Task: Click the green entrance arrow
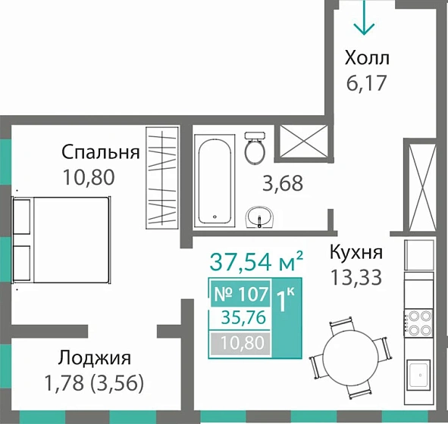365,18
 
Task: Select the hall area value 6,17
366,82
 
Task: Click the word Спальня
101,152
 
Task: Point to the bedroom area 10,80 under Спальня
89,178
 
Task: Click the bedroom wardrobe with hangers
163,179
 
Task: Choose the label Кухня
356,253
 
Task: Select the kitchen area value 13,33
356,277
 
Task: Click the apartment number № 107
238,294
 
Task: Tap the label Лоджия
93,358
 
